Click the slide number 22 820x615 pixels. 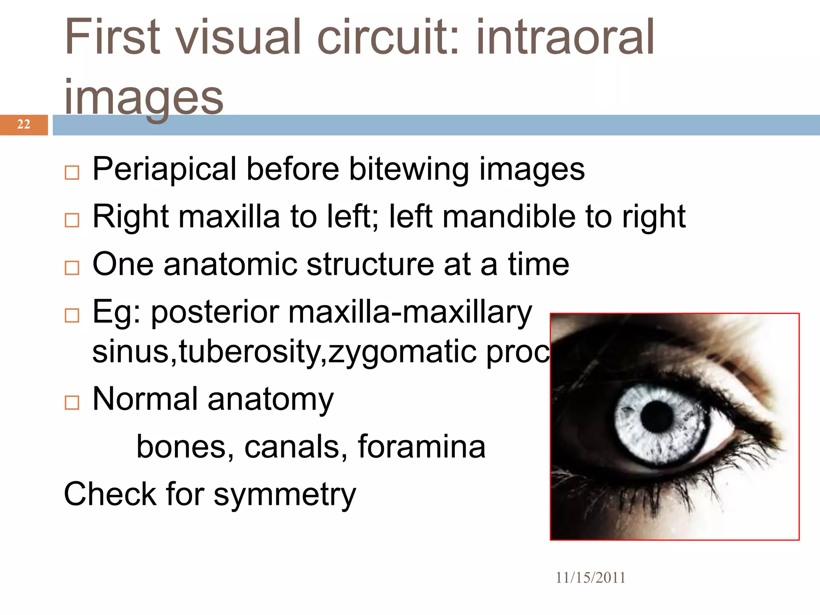24,124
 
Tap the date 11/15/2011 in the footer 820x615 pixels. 590,578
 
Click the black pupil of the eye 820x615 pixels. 656,416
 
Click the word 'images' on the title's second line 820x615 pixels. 144,97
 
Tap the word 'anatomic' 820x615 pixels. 230,264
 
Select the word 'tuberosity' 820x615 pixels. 251,352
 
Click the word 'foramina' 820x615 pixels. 421,446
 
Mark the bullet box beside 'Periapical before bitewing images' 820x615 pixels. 72,173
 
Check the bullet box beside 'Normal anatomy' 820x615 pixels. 72,402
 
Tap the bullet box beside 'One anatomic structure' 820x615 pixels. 72,268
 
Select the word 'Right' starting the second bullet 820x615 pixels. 131,217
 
